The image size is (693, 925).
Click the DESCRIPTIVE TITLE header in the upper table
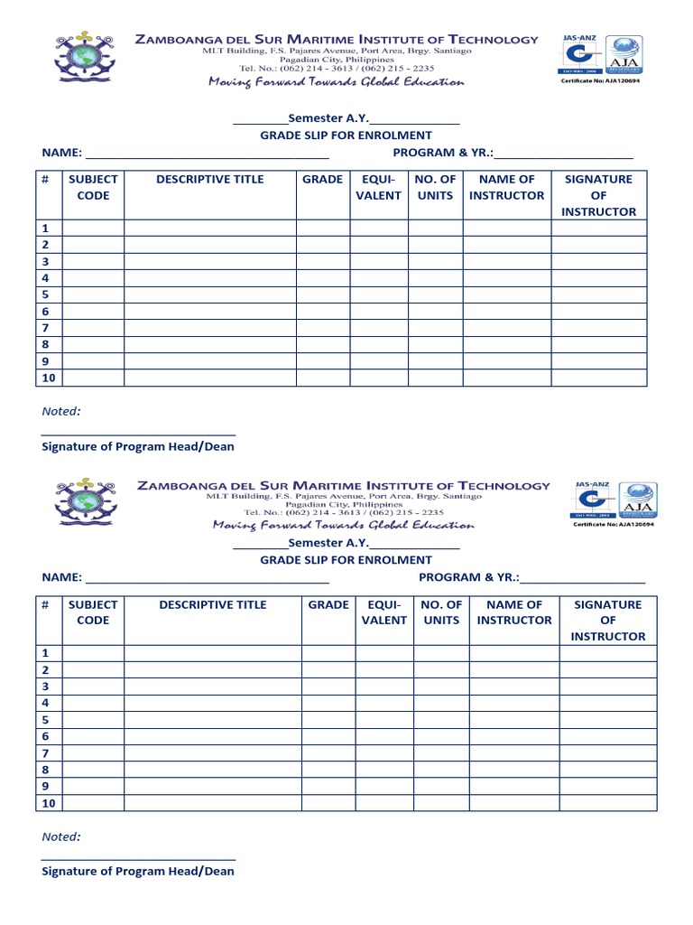(x=209, y=179)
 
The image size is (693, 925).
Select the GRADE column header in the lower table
(x=328, y=604)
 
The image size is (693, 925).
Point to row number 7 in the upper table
(x=45, y=328)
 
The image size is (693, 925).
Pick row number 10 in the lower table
(x=49, y=803)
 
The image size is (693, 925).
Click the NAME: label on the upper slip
(x=61, y=153)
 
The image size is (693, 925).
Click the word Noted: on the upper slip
(x=61, y=411)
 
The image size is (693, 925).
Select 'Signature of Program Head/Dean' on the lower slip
(x=138, y=871)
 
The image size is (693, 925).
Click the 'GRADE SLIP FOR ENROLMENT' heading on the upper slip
(x=346, y=135)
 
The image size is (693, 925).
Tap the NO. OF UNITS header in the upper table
(x=435, y=187)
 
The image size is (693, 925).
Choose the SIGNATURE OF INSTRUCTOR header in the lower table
(x=608, y=620)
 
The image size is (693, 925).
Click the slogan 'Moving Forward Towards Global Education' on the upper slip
(x=336, y=82)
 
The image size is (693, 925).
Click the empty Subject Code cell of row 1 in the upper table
(x=93, y=229)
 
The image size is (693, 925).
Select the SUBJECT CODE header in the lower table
(x=93, y=612)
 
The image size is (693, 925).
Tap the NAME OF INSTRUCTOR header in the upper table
(x=506, y=187)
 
